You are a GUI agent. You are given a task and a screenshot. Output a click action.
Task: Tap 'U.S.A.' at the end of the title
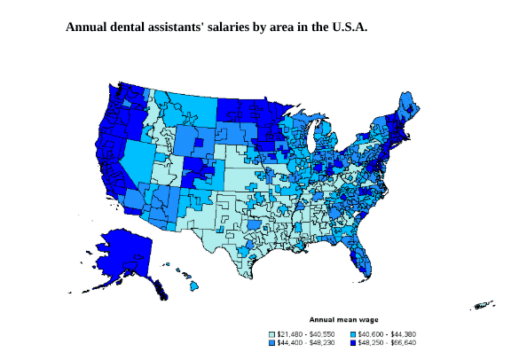(x=343, y=27)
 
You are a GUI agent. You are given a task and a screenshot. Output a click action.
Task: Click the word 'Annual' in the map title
(x=88, y=27)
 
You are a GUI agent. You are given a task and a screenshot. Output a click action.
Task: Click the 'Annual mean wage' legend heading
(x=343, y=318)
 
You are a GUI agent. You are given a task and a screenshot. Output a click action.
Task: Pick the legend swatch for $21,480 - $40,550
(x=272, y=333)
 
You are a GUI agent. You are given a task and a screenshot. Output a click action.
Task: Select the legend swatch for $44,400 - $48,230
(x=272, y=341)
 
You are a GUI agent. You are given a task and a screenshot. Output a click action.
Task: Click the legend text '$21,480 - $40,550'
(x=306, y=333)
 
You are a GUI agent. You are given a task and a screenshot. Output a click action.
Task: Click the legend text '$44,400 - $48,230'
(x=306, y=341)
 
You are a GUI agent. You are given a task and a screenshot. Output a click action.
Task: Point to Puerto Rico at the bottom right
(x=484, y=306)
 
